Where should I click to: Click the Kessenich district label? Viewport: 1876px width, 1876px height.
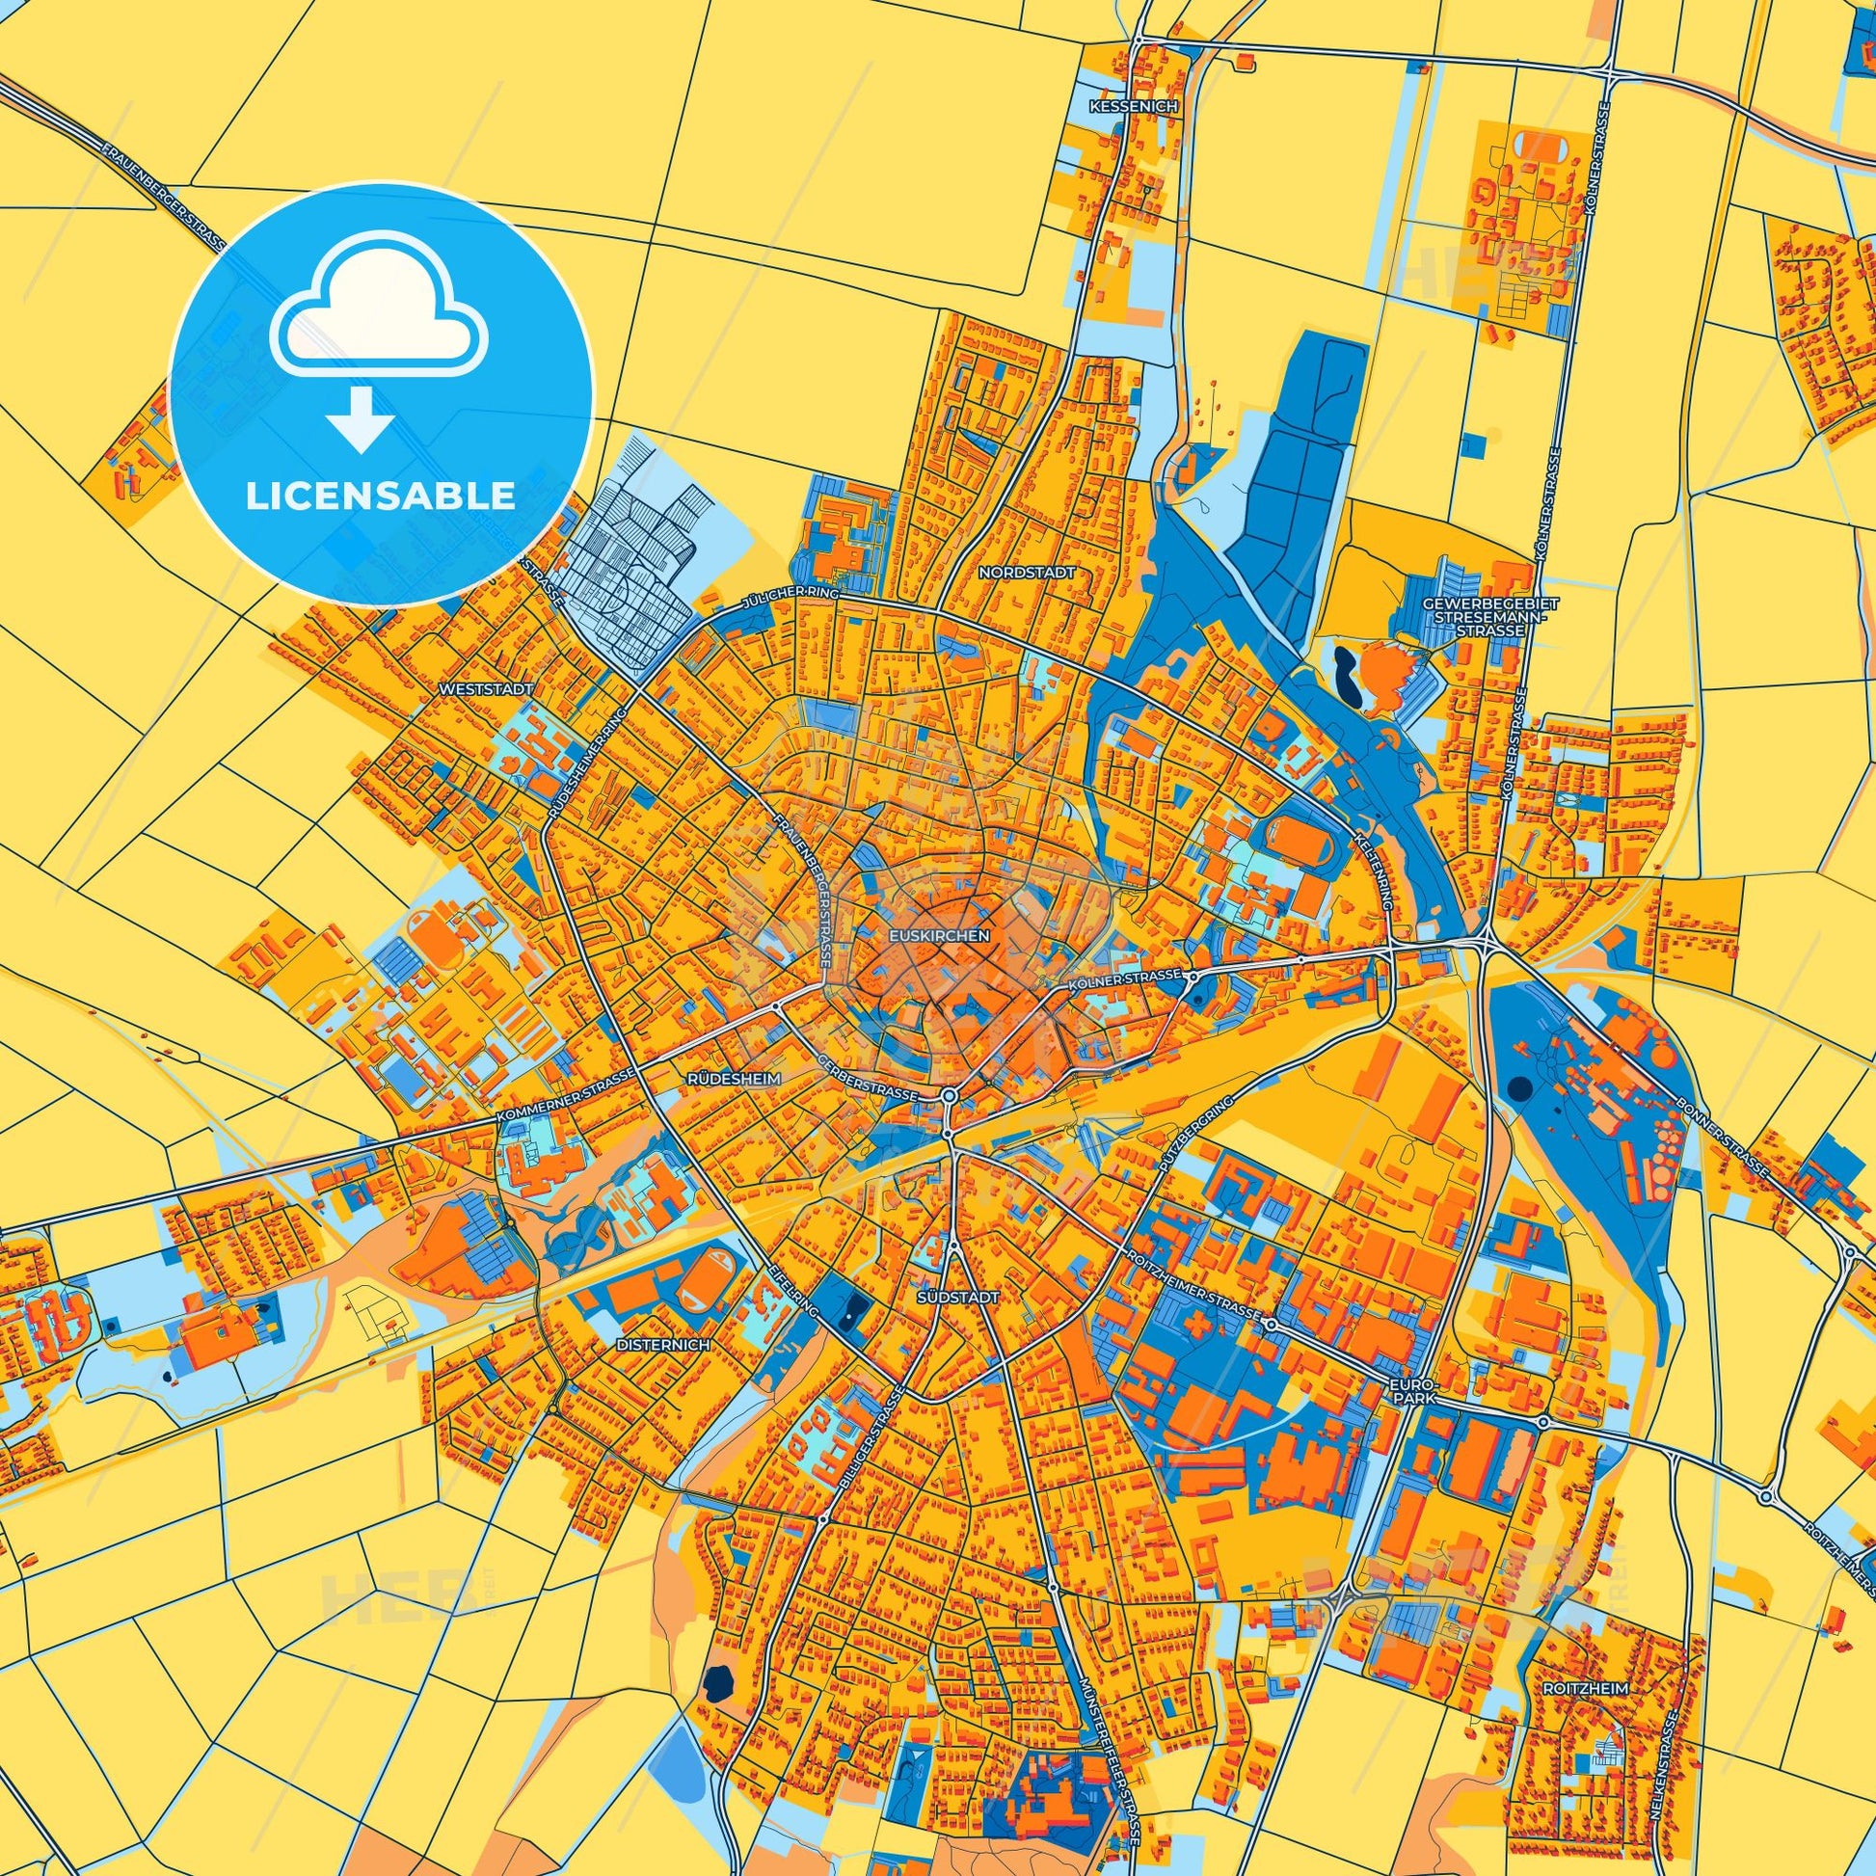pyautogui.click(x=1133, y=106)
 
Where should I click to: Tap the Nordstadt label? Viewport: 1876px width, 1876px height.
pyautogui.click(x=1027, y=573)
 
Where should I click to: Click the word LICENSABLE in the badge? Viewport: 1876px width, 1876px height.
pyautogui.click(x=381, y=496)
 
